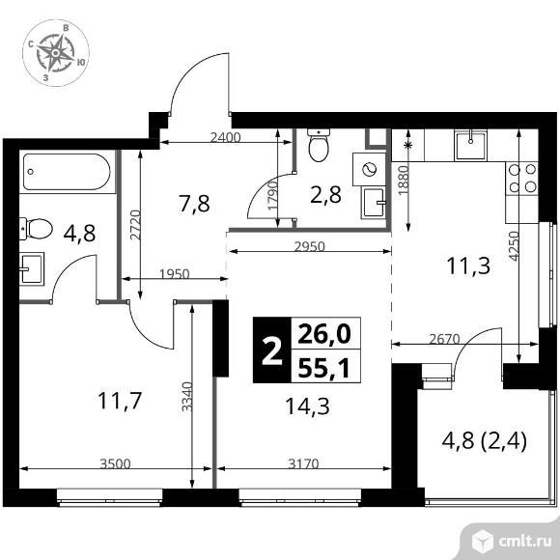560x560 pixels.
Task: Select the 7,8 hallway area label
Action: tap(194, 203)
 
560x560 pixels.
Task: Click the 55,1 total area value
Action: tap(325, 367)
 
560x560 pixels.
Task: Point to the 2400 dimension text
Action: tap(224, 137)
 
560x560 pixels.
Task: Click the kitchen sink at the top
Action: tap(471, 145)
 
